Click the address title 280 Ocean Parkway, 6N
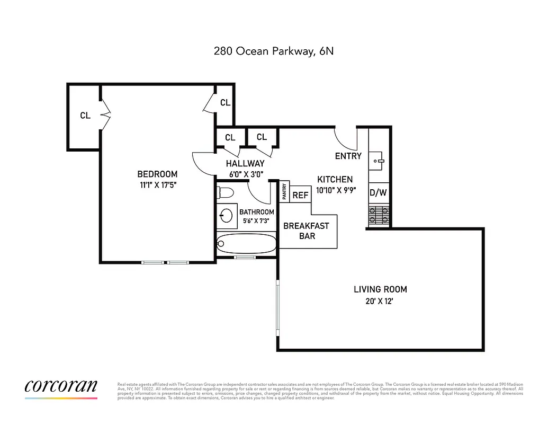[x=274, y=51]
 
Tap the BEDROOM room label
[x=157, y=174]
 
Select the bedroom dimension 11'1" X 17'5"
[x=157, y=185]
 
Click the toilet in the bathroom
[x=224, y=192]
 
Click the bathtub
[x=247, y=244]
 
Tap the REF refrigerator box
[x=300, y=195]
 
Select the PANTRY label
[x=285, y=192]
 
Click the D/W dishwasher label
[x=378, y=193]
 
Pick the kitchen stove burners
[x=378, y=215]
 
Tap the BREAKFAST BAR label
[x=307, y=231]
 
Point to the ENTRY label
[x=348, y=156]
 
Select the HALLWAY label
[x=245, y=164]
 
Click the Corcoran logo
[x=61, y=388]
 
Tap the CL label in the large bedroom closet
[x=85, y=115]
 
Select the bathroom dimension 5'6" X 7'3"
[x=257, y=222]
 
